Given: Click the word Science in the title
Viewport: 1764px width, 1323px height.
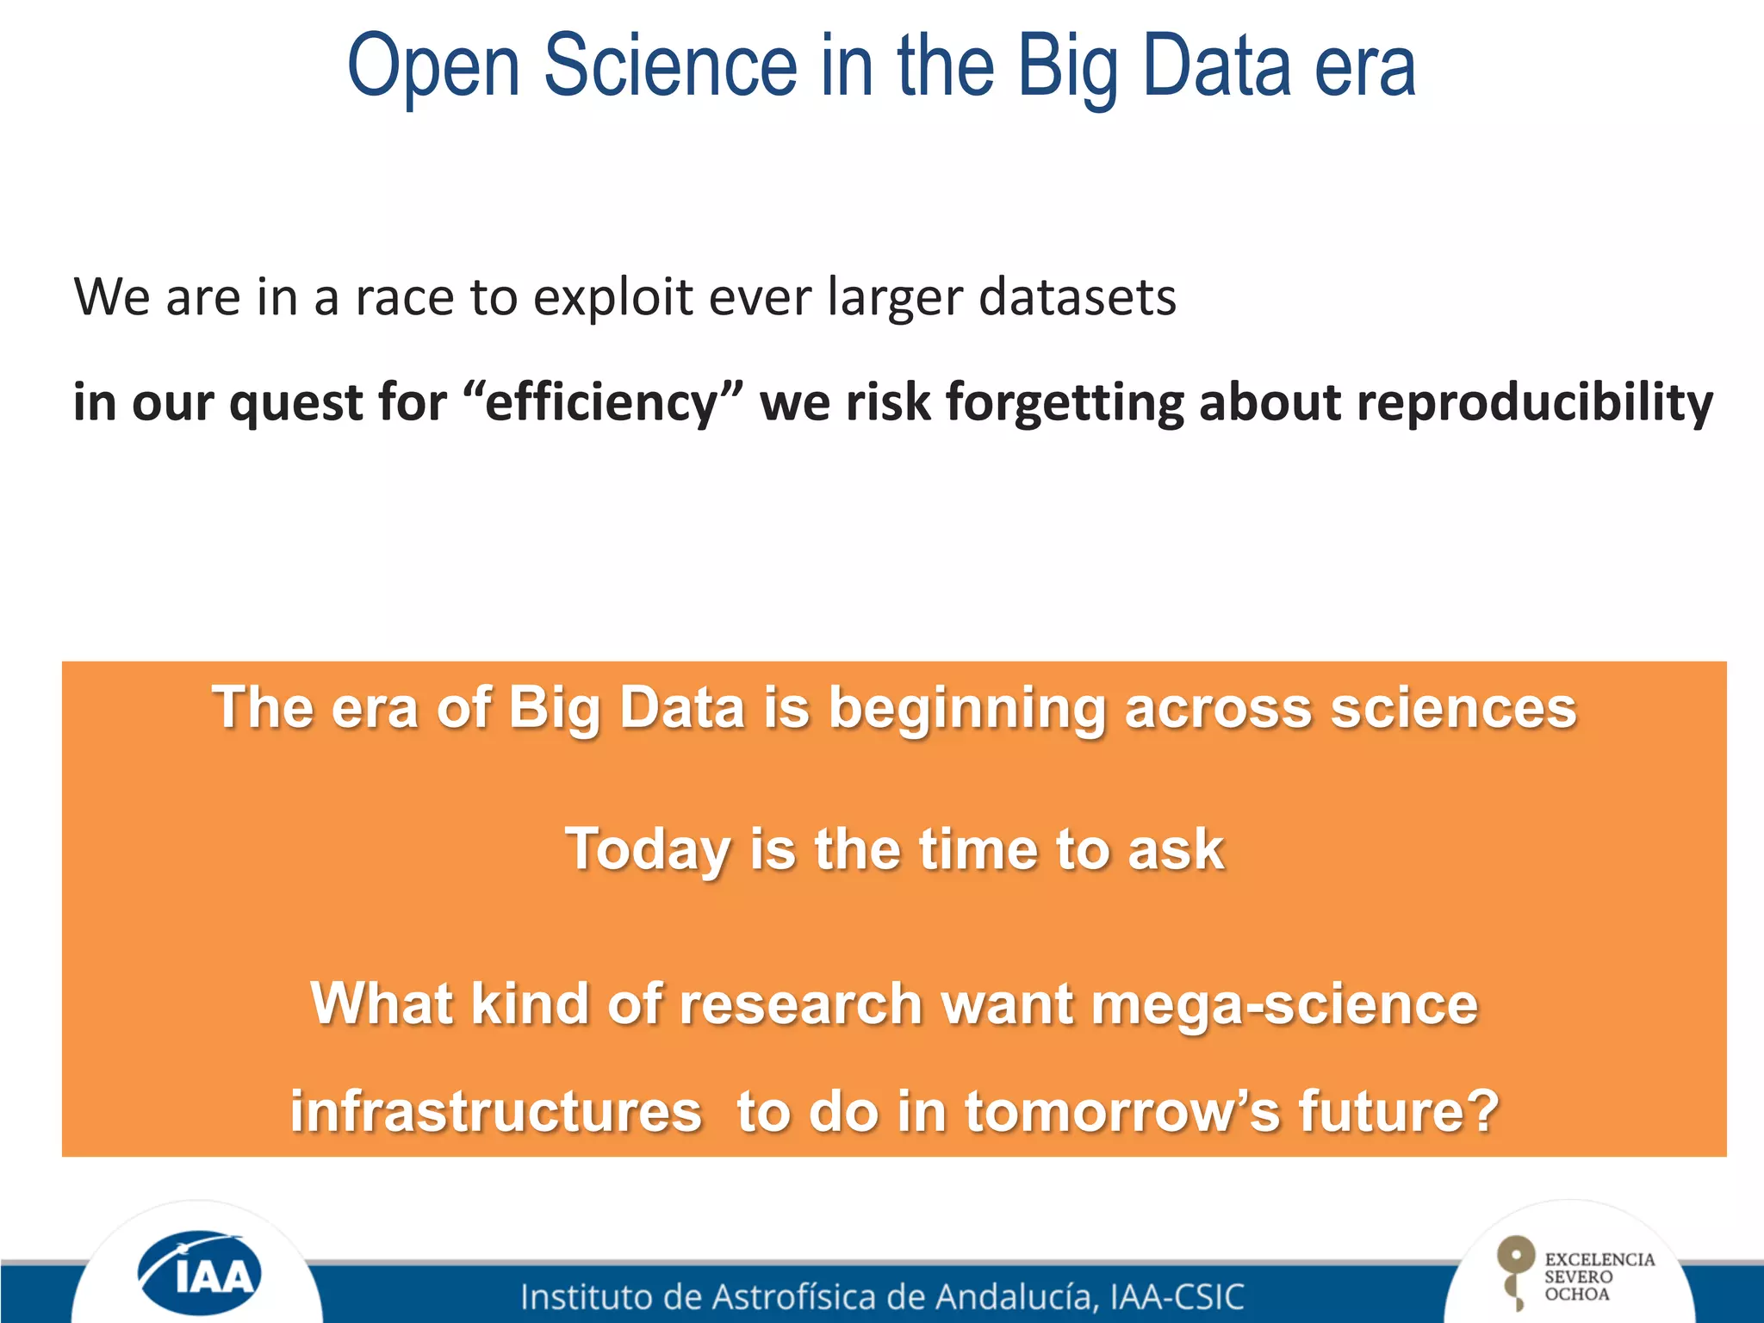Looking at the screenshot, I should click(671, 67).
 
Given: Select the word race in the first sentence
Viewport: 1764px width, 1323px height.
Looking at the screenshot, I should click(404, 297).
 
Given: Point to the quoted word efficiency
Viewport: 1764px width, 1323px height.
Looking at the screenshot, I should click(601, 403).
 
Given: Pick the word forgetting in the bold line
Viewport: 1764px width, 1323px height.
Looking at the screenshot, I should click(1065, 403).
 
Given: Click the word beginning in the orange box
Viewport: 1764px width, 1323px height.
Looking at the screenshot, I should click(966, 710).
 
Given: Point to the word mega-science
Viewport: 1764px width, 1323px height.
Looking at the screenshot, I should click(1284, 1006).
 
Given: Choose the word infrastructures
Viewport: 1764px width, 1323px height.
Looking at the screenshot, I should click(496, 1111).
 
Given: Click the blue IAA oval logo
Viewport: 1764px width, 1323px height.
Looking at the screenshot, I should click(200, 1272).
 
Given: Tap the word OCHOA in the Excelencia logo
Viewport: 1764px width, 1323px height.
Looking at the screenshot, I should click(1576, 1295).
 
